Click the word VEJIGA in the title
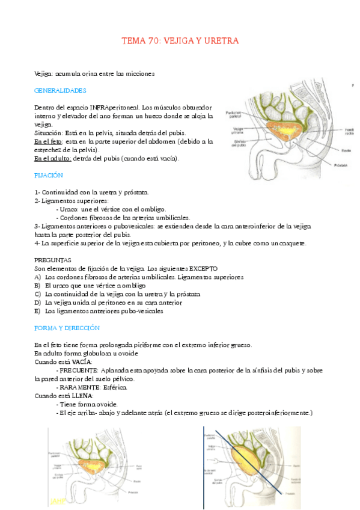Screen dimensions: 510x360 179,41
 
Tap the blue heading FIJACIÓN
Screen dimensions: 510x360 49,175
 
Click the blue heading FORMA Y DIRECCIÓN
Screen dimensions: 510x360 67,328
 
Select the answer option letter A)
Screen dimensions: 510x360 38,277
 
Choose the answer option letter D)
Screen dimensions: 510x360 38,303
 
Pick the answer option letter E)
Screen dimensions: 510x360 38,311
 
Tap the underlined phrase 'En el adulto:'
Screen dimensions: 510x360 52,158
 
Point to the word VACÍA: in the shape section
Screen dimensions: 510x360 80,362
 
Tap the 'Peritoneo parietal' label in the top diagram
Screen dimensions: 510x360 234,114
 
